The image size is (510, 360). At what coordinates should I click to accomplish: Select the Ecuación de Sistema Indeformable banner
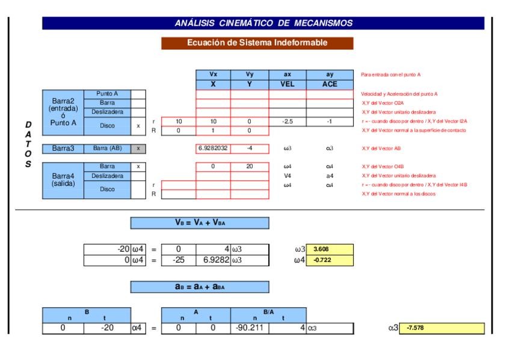tap(257, 43)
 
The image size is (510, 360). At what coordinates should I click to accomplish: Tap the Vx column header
tap(213, 75)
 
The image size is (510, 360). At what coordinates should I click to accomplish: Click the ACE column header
tap(330, 84)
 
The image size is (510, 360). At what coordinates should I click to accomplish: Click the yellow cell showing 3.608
tap(330, 249)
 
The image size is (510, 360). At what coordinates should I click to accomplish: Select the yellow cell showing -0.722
tap(330, 259)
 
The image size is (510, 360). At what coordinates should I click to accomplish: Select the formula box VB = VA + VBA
tap(200, 222)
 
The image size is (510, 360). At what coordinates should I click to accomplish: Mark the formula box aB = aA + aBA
tap(200, 287)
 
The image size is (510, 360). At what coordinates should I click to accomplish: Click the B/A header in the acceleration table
tap(268, 311)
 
